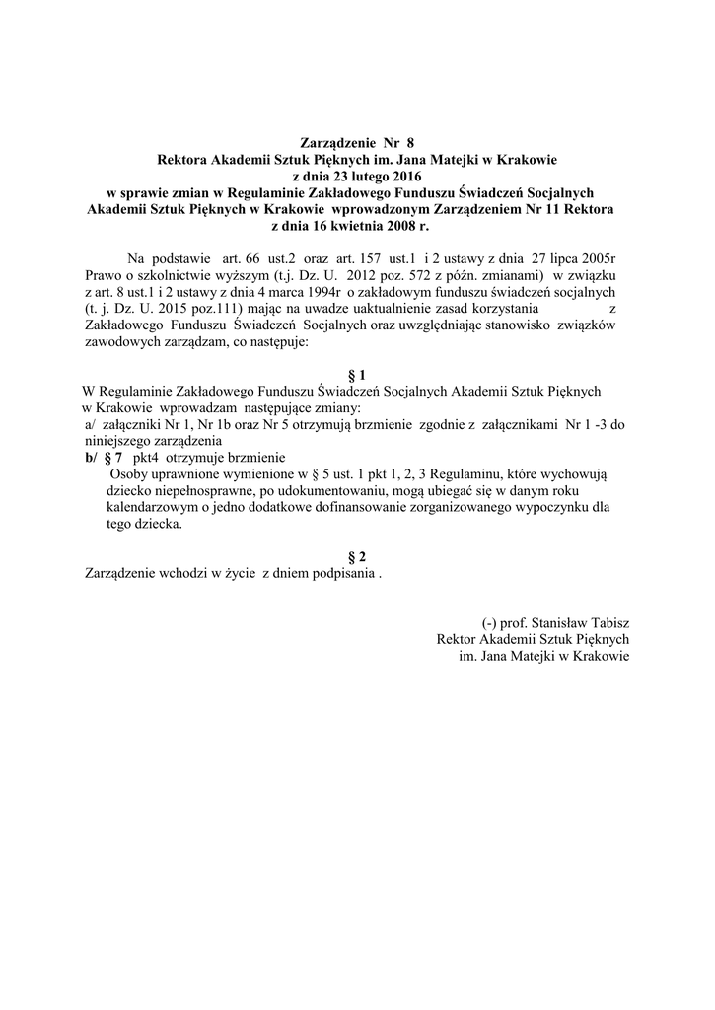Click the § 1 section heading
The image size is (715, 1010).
pyautogui.click(x=357, y=375)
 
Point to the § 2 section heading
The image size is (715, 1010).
pyautogui.click(x=357, y=557)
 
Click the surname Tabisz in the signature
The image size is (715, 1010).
pyautogui.click(x=607, y=622)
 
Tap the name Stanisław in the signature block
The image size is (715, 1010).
pyautogui.click(x=556, y=622)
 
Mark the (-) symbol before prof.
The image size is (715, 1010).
pyautogui.click(x=489, y=622)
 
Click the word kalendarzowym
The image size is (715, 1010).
pyautogui.click(x=151, y=507)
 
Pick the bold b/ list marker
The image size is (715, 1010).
pyautogui.click(x=91, y=458)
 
